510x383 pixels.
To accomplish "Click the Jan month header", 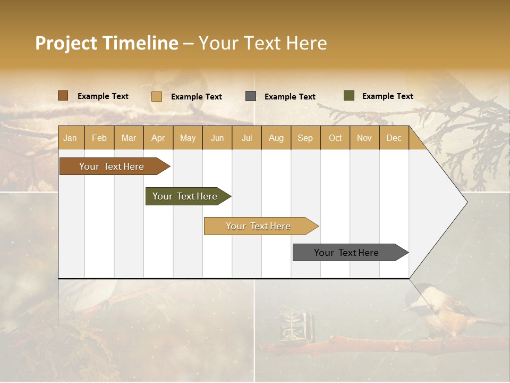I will pyautogui.click(x=70, y=138).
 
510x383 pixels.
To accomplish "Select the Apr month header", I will pyautogui.click(x=158, y=138).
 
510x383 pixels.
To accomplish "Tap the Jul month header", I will pyautogui.click(x=246, y=138).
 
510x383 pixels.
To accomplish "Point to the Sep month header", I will pyautogui.click(x=305, y=138).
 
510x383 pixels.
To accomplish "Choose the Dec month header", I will pyautogui.click(x=394, y=138).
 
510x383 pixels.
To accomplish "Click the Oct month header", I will pyautogui.click(x=335, y=138).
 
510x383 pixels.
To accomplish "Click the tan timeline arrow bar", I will pyautogui.click(x=259, y=226).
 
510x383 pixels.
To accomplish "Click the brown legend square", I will pyautogui.click(x=63, y=96).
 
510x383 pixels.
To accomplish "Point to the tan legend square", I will pyautogui.click(x=157, y=96).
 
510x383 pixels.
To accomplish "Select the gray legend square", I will pyautogui.click(x=251, y=96).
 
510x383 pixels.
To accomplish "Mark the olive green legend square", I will pyautogui.click(x=349, y=96).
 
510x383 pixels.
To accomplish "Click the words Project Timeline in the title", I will pyautogui.click(x=106, y=43).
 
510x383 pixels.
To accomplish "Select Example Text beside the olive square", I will pyautogui.click(x=387, y=96).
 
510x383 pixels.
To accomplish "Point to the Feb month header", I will pyautogui.click(x=99, y=138).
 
